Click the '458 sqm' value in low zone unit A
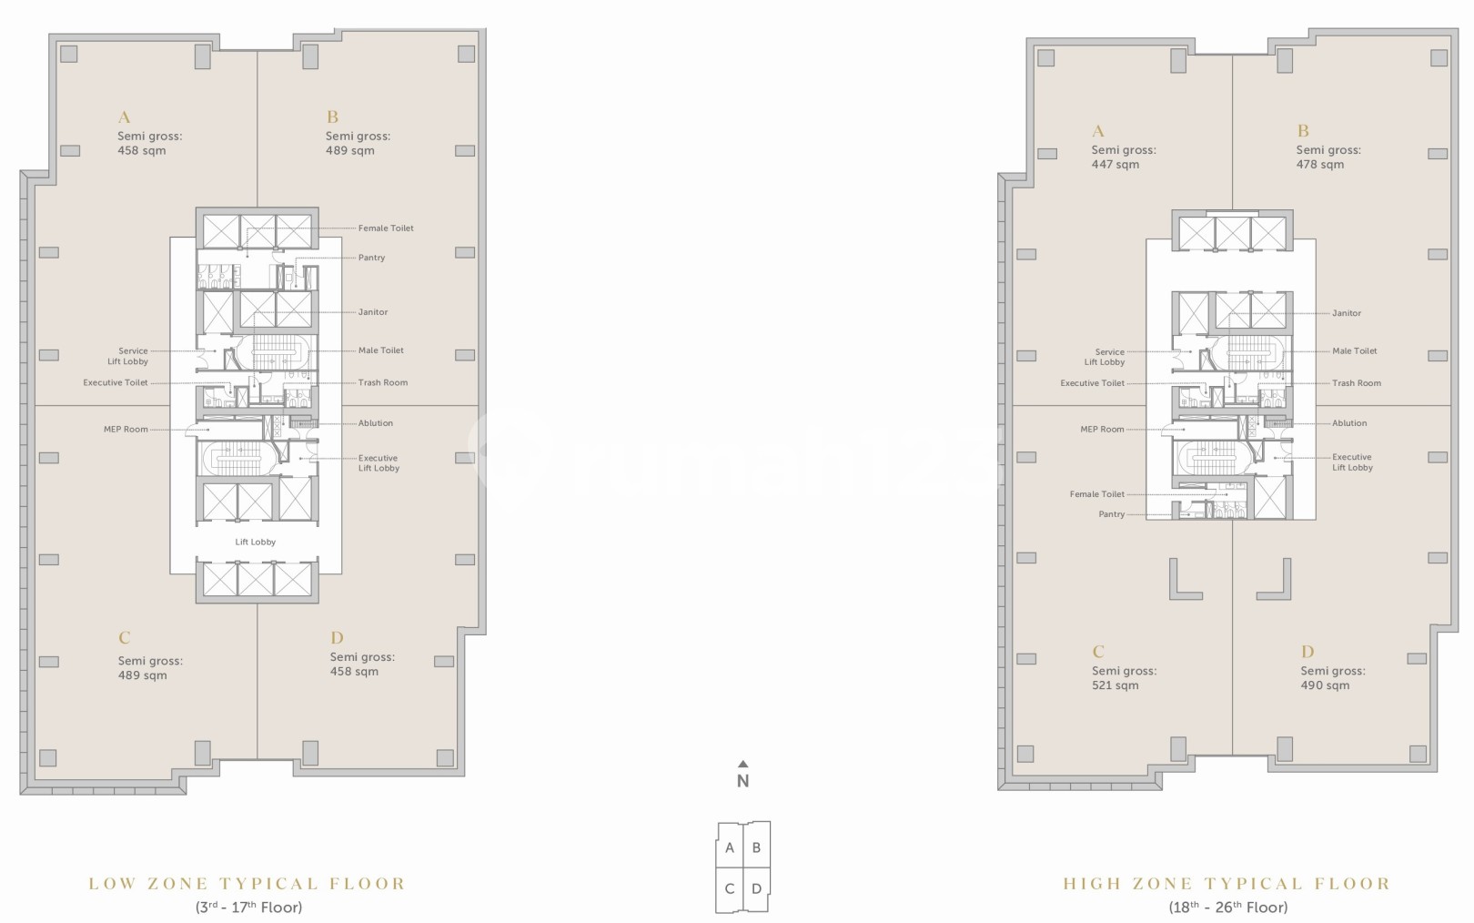point(141,151)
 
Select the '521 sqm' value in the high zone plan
point(1115,685)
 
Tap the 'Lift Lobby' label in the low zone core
point(256,542)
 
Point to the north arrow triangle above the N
point(743,764)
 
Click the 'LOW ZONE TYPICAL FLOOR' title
point(247,884)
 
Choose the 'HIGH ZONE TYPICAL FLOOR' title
point(1227,884)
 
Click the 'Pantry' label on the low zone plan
point(371,258)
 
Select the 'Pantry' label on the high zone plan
point(1112,514)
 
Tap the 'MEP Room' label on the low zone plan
point(126,430)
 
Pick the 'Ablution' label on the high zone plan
point(1349,423)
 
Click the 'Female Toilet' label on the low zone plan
point(386,228)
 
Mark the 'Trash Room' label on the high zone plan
point(1357,383)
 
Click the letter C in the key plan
point(729,888)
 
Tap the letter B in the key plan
point(756,848)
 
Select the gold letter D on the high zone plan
point(1307,652)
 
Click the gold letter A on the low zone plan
point(124,117)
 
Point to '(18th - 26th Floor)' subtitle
point(1228,908)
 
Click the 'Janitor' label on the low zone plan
point(372,312)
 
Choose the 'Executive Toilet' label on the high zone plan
point(1093,383)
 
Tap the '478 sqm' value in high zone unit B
point(1320,165)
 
